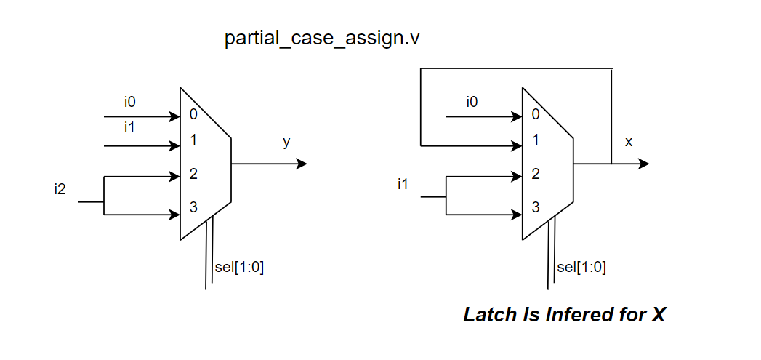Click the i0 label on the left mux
[129, 102]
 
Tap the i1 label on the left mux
[129, 128]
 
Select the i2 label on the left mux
[60, 190]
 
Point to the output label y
[286, 142]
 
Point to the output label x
[629, 142]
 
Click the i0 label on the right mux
[472, 102]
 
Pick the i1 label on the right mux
[403, 184]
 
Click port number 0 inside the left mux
[193, 114]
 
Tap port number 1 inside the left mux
[193, 140]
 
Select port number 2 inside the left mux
[193, 174]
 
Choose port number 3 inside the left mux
[193, 207]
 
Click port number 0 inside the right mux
[536, 114]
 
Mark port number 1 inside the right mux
[536, 140]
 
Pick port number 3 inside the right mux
[536, 207]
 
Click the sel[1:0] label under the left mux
[239, 268]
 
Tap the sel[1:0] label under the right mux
[581, 268]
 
